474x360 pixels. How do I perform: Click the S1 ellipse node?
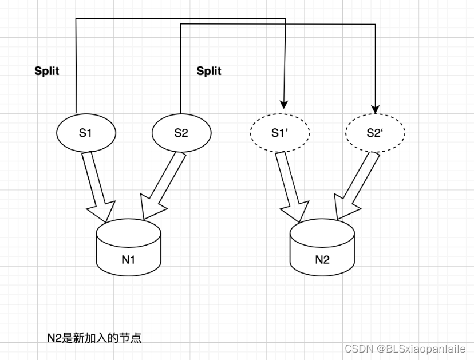86,133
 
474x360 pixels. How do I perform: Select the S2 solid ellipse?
181,133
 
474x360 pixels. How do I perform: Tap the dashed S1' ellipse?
280,133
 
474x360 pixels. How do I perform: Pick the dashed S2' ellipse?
376,133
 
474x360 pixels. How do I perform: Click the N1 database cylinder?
128,248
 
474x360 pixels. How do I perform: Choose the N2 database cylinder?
322,248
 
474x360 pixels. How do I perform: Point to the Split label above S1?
47,72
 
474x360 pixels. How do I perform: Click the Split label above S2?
209,72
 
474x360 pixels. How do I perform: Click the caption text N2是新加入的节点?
94,338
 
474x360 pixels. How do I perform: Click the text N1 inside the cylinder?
128,260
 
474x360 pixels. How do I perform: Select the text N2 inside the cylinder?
322,260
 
